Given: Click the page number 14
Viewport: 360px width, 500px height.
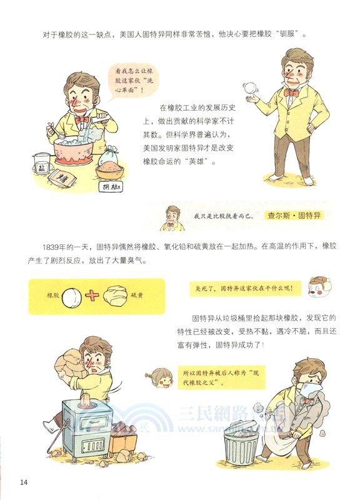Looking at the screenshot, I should (x=24, y=481).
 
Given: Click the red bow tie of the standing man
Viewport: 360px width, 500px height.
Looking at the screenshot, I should (x=290, y=92).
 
